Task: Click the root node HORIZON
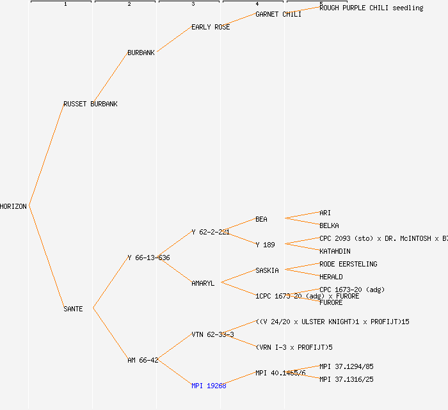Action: pos(13,206)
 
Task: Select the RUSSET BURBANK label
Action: pos(90,104)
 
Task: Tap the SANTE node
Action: pos(73,309)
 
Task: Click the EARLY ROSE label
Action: pos(211,27)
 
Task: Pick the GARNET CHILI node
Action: pos(278,14)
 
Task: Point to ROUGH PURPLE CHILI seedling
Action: pos(371,8)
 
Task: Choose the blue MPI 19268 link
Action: pos(209,386)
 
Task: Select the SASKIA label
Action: pos(267,270)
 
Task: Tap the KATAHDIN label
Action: pos(335,251)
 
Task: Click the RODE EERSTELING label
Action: pos(348,264)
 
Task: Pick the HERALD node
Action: pos(331,277)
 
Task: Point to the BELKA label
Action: pos(329,225)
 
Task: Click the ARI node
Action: pos(325,213)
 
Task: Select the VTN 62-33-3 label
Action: pos(212,334)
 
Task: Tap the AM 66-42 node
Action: pos(143,360)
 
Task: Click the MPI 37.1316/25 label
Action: pos(346,379)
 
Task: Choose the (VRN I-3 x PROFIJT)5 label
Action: pos(294,347)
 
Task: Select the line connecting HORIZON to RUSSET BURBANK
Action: pos(46,155)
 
